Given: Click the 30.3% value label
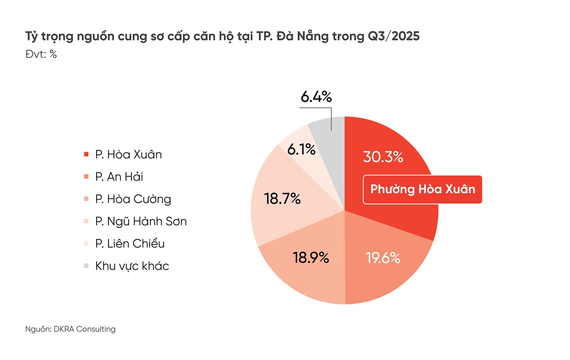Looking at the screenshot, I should pos(383,157).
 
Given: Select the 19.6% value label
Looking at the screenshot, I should pos(383,258).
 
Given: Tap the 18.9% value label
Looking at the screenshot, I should pos(311,257).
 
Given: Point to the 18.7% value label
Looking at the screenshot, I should pos(282,199).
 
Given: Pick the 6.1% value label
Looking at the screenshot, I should pos(301,149).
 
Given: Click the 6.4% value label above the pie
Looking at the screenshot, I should pos(316,97).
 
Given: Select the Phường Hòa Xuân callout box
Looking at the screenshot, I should pos(423,189).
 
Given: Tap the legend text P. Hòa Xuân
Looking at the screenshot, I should pos(128,154).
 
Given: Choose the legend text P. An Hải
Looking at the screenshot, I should pos(119,177).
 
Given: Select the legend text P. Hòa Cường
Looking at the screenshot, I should pos(133,199).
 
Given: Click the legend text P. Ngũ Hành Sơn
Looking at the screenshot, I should pos(141,221).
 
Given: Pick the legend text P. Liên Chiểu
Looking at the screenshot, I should pos(130,244).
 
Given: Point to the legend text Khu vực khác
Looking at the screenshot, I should pos(132,266).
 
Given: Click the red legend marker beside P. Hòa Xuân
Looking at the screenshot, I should pos(86,154).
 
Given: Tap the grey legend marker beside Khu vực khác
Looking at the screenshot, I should pos(86,266).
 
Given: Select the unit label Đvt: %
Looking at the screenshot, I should pos(41,54).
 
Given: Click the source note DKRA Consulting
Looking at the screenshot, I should pos(84,329).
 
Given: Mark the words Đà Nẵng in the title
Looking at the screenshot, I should pos(302,36).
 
